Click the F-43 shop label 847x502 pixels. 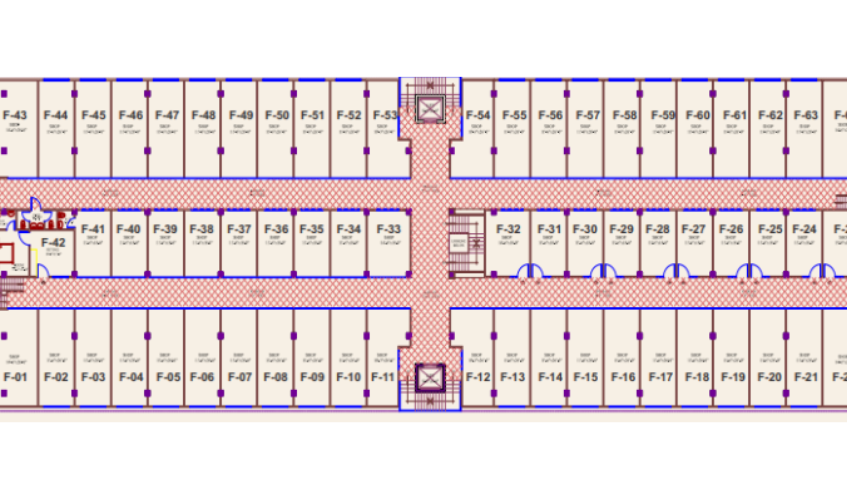(x=15, y=115)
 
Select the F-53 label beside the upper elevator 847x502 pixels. (x=385, y=115)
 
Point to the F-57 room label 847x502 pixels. (x=588, y=115)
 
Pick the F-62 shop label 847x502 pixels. (x=770, y=115)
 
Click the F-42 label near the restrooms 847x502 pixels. (x=53, y=243)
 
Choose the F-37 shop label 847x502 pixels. (x=239, y=229)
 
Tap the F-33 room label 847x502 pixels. (x=388, y=229)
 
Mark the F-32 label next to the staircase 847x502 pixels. (x=508, y=229)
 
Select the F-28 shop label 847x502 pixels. (x=657, y=229)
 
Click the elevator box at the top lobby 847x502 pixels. (x=430, y=109)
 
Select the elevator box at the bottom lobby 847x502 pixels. (x=430, y=378)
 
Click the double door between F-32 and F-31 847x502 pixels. (x=530, y=271)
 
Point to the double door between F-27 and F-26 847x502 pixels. (x=749, y=271)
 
